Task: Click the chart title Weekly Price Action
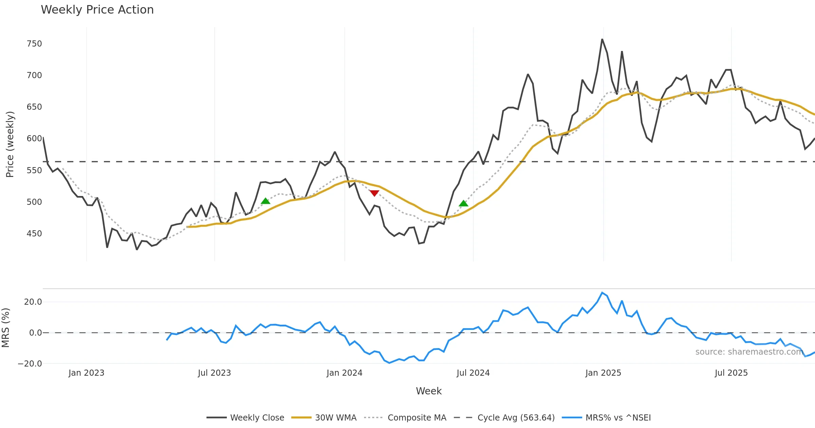[97, 10]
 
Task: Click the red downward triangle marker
[374, 193]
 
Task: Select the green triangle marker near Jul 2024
[464, 203]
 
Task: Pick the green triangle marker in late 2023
[266, 201]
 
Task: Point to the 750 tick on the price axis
[34, 44]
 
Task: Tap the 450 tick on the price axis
[34, 234]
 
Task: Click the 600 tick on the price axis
[34, 139]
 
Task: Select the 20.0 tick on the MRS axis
[33, 302]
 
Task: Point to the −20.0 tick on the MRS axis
[30, 364]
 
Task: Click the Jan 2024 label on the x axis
[344, 373]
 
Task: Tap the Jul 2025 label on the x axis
[731, 373]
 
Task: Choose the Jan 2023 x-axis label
[86, 373]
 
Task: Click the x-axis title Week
[429, 391]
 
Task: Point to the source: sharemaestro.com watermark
[749, 352]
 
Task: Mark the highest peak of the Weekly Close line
[602, 39]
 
